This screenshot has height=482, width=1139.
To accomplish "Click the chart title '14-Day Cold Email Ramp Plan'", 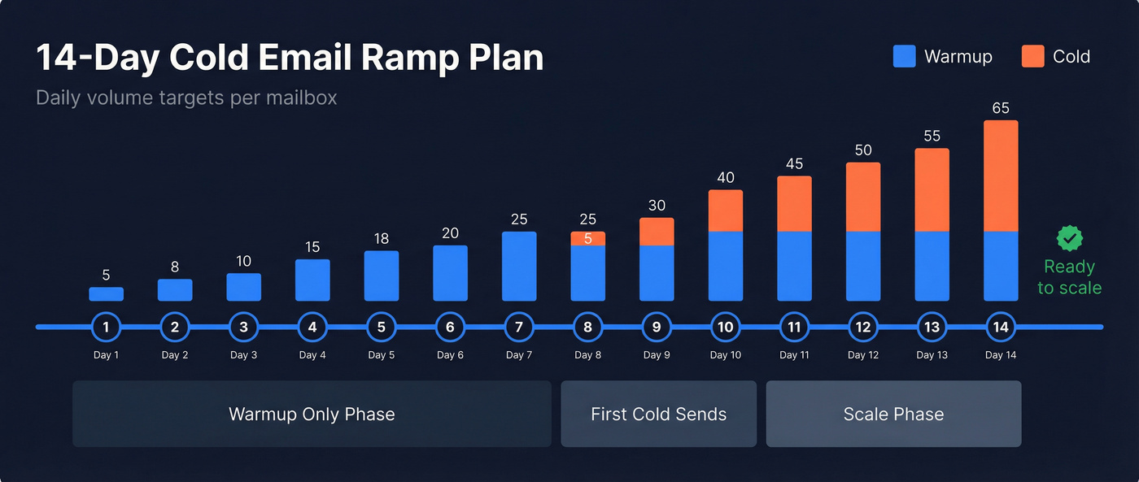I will [x=290, y=59].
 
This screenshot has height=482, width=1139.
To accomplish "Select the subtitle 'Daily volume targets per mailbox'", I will [x=186, y=98].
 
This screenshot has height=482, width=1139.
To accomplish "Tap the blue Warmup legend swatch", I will [x=904, y=56].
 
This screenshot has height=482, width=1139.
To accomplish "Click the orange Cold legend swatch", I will [x=1032, y=56].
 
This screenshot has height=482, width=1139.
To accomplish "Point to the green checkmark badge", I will [x=1069, y=238].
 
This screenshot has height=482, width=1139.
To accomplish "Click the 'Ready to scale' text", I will [x=1069, y=277].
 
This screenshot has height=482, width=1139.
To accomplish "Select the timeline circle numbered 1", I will [x=106, y=328].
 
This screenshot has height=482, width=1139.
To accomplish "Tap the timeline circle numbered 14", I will [x=1001, y=328].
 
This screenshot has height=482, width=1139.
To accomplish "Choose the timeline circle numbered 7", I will [x=519, y=328].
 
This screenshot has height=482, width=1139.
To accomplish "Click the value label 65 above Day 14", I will [x=1001, y=108].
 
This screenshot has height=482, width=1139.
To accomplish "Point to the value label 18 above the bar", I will [x=382, y=239].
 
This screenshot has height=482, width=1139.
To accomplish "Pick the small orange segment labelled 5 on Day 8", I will [x=588, y=238].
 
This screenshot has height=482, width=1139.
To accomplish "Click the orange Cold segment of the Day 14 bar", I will [x=1001, y=176].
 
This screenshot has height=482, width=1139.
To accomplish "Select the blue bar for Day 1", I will [x=106, y=294].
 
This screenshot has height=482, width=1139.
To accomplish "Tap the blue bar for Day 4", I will [x=312, y=280].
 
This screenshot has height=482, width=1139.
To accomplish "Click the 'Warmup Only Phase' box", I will [x=312, y=415].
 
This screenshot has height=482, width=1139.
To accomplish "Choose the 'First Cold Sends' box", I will [x=658, y=415].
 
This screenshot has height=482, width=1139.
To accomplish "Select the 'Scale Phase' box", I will [x=893, y=415].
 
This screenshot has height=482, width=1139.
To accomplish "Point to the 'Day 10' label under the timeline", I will [x=725, y=355].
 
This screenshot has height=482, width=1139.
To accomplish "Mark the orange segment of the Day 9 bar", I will [x=657, y=232].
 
